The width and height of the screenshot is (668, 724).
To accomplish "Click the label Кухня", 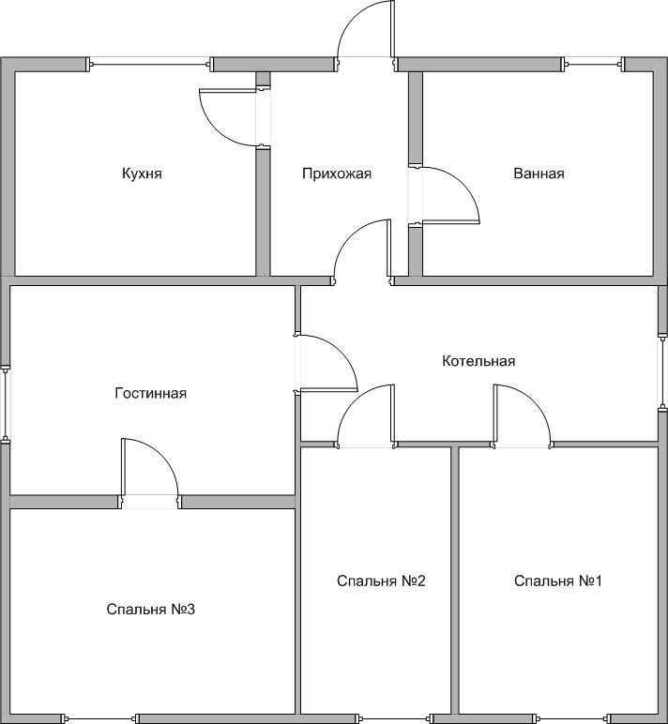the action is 142,173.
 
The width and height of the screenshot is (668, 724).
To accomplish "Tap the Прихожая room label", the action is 337,173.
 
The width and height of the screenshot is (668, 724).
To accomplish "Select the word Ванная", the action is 539,173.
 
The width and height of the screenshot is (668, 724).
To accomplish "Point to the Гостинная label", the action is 151,393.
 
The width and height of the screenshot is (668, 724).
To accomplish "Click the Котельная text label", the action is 478,361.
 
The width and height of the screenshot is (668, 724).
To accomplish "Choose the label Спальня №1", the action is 558,581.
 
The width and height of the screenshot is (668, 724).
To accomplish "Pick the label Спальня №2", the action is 381,581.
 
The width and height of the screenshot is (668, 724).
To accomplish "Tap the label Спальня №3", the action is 151,610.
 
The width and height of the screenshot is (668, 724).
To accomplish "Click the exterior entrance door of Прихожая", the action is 366,30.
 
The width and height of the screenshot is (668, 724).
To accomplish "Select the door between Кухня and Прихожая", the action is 228,118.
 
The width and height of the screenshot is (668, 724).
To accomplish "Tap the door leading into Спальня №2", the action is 366,415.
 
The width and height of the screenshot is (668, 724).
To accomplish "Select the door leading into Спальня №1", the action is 522,415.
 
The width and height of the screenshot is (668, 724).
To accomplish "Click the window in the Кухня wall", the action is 150,64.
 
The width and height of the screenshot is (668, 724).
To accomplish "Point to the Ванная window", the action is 593,64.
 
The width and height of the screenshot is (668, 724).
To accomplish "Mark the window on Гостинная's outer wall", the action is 6,403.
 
